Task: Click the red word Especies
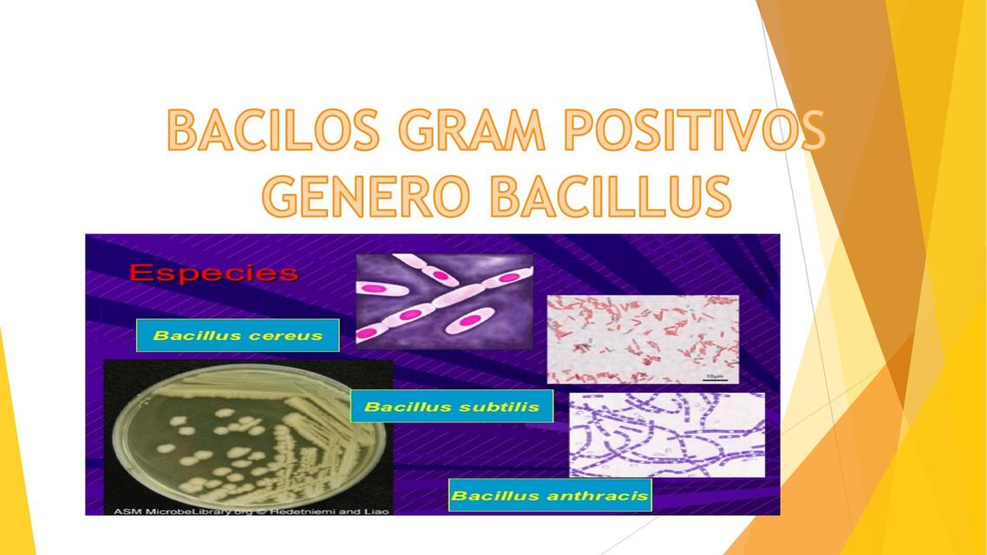213,273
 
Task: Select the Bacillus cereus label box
238,336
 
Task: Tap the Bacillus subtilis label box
452,407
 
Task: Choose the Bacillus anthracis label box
550,496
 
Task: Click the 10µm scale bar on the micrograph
714,376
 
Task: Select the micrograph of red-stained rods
643,338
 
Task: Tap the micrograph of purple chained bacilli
666,434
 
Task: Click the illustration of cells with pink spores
444,295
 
